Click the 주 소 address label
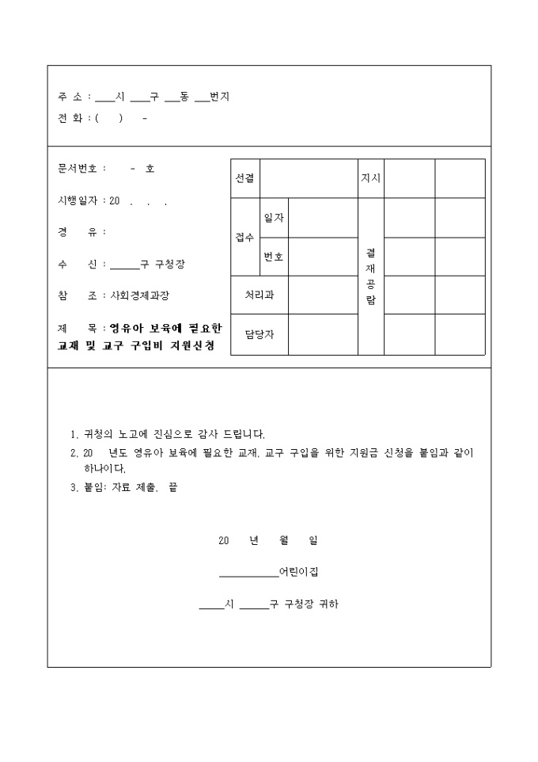(x=70, y=97)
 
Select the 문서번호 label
(x=77, y=169)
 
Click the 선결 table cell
(x=244, y=178)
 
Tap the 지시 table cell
(x=370, y=178)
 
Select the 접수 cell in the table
(x=244, y=238)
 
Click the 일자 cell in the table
(x=274, y=218)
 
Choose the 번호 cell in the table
(x=274, y=257)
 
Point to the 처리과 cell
(x=259, y=295)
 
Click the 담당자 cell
(x=259, y=334)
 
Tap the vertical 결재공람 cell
(x=370, y=276)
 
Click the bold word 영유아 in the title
(x=125, y=327)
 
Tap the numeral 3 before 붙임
(x=74, y=487)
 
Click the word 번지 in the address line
(x=219, y=97)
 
